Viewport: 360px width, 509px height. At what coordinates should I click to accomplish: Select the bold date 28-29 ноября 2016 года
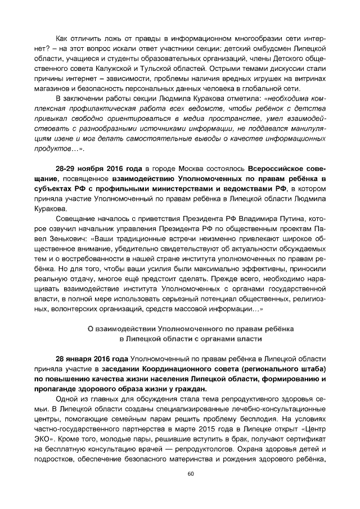click(x=99, y=168)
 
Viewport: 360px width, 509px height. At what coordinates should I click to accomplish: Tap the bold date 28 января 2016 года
click(x=92, y=358)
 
